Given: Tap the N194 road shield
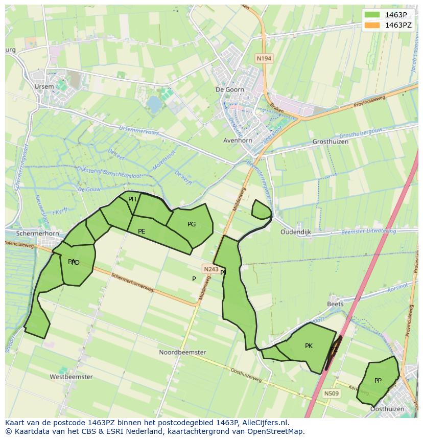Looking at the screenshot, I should [264, 58].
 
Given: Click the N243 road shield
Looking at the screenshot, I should [210, 269].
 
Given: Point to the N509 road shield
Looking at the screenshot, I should [331, 393].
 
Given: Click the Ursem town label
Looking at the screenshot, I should [44, 86].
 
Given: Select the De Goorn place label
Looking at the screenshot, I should [230, 89].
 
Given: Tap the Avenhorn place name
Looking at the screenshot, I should [238, 140].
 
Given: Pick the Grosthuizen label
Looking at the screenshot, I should [330, 142].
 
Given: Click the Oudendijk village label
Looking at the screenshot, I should [296, 231].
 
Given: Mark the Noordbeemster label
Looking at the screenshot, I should [182, 352].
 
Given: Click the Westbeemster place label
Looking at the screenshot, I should [71, 377].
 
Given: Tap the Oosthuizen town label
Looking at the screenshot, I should [387, 409].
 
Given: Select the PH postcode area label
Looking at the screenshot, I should [132, 199].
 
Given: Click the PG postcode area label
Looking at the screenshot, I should [192, 224].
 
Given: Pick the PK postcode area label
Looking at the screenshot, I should [309, 346].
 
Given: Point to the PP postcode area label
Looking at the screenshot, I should [378, 380].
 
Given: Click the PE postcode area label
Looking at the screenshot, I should [142, 231].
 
